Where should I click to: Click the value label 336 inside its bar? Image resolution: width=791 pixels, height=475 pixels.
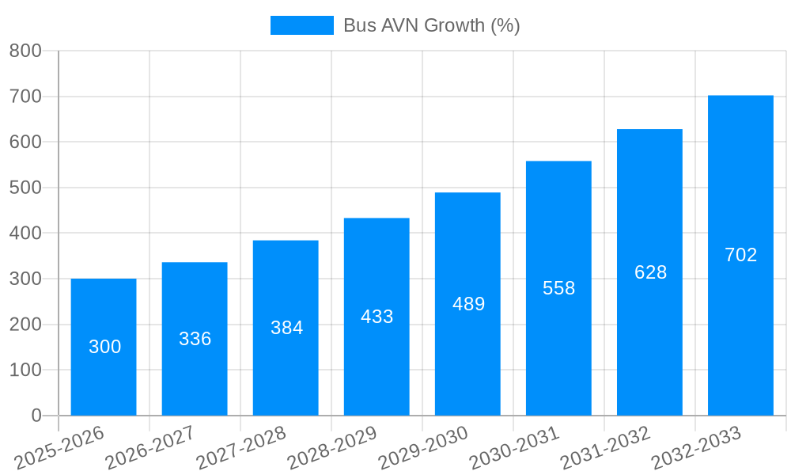[x=195, y=339]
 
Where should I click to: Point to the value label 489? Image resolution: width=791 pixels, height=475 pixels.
[x=468, y=304]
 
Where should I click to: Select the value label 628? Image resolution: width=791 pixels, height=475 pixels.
[x=650, y=272]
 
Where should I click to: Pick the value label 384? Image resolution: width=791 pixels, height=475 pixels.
[x=286, y=328]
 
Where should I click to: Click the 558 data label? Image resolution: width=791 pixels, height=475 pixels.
[x=558, y=288]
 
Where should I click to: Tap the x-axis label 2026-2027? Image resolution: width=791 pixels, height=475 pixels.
[x=149, y=447]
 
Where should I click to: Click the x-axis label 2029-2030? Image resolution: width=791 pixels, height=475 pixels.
[x=423, y=447]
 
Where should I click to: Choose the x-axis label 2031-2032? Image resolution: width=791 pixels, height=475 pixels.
[x=605, y=447]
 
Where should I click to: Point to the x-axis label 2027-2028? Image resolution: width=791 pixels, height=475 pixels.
[x=240, y=447]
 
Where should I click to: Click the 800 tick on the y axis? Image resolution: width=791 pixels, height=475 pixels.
[x=25, y=51]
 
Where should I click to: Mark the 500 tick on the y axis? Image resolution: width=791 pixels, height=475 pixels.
[x=25, y=188]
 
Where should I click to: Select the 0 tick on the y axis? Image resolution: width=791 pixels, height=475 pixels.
[x=36, y=416]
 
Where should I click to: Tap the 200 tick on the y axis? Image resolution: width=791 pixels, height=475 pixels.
[x=25, y=325]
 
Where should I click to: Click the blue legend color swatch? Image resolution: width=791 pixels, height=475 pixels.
[x=301, y=25]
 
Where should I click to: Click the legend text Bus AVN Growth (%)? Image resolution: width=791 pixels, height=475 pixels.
[x=431, y=25]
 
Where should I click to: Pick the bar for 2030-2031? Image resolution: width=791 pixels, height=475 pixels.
[x=558, y=356]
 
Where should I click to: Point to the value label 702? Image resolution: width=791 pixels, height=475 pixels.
[x=740, y=255]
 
